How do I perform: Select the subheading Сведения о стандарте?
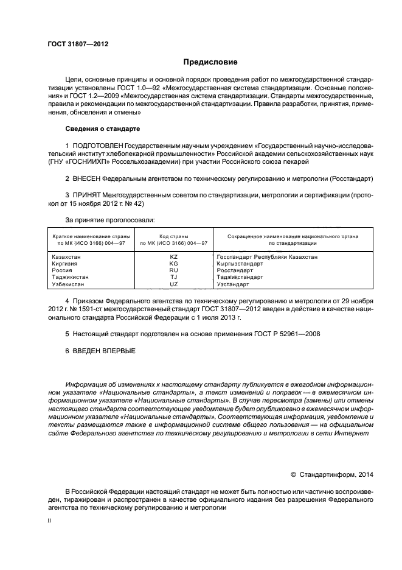[103, 129]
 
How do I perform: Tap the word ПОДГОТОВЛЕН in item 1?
[97, 146]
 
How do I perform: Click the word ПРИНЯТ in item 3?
[87, 195]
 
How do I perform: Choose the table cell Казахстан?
[67, 257]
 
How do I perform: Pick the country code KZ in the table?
[173, 257]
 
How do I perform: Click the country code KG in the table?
[173, 264]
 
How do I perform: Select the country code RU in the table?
[173, 270]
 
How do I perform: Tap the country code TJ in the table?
[173, 277]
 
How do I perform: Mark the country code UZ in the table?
[173, 284]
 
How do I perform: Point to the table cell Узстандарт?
[233, 284]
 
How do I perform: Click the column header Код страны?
[173, 236]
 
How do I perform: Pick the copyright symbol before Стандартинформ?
[294, 473]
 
